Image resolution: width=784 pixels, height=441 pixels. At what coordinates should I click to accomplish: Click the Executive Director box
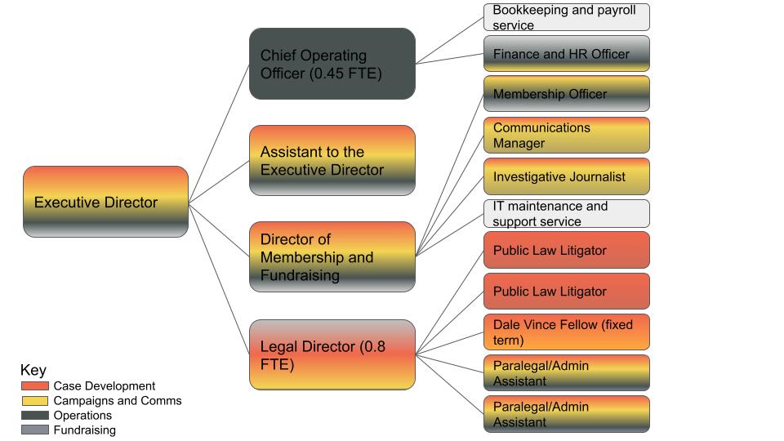[x=105, y=202]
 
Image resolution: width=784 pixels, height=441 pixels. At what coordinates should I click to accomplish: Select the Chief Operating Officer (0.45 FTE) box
[x=332, y=64]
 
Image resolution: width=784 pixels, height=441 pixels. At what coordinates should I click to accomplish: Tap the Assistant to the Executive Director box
[x=332, y=160]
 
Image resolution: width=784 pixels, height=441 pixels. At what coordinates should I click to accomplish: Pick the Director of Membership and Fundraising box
[x=332, y=256]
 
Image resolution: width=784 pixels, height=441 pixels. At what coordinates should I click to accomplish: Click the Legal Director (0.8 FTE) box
[x=332, y=354]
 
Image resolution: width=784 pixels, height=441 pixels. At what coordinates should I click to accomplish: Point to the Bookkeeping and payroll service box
[x=567, y=17]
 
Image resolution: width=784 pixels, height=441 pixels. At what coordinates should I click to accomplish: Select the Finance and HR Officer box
[x=567, y=54]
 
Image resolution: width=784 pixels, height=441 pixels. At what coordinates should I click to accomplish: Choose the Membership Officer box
[x=567, y=93]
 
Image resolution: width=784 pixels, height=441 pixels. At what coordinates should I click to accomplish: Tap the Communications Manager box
[x=567, y=135]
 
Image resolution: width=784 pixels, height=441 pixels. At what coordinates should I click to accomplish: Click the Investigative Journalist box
[x=567, y=176]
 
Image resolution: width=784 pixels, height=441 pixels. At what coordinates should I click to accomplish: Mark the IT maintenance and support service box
[x=567, y=213]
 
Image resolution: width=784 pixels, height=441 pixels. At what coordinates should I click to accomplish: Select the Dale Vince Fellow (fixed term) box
[x=567, y=332]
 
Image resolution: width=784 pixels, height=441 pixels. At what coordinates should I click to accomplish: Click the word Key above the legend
[x=33, y=371]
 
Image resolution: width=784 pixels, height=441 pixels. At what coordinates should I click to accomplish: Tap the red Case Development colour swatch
[x=35, y=386]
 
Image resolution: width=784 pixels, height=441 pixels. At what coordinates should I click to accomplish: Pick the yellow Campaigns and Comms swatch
[x=35, y=400]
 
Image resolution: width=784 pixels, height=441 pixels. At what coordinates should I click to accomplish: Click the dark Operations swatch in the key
[x=35, y=415]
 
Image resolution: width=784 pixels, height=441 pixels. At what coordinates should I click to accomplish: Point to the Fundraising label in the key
[x=84, y=430]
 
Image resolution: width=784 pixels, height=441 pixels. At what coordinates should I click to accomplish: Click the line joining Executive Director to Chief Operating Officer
[x=219, y=133]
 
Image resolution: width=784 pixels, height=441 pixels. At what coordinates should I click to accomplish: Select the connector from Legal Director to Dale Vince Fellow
[x=449, y=344]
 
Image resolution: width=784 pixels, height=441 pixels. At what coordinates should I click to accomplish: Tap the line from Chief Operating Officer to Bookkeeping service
[x=449, y=41]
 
